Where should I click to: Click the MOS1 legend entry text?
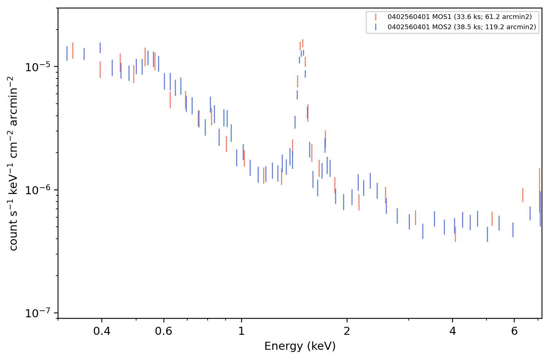click(459, 17)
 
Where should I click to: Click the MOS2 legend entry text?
click(462, 27)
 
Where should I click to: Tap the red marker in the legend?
click(376, 17)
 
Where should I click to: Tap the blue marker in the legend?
click(376, 27)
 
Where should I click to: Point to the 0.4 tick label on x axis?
click(102, 331)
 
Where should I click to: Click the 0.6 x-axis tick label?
click(164, 331)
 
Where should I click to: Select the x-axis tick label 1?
click(242, 331)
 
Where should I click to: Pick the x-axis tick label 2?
click(347, 331)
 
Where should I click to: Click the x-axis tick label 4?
click(453, 331)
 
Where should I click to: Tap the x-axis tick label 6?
click(514, 331)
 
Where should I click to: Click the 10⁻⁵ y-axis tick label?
click(38, 66)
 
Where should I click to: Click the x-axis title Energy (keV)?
click(300, 346)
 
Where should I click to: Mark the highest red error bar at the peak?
click(303, 43)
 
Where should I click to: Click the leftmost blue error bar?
click(67, 53)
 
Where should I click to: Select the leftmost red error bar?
click(73, 51)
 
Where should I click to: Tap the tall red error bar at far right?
click(539, 190)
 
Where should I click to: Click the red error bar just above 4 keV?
click(455, 234)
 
